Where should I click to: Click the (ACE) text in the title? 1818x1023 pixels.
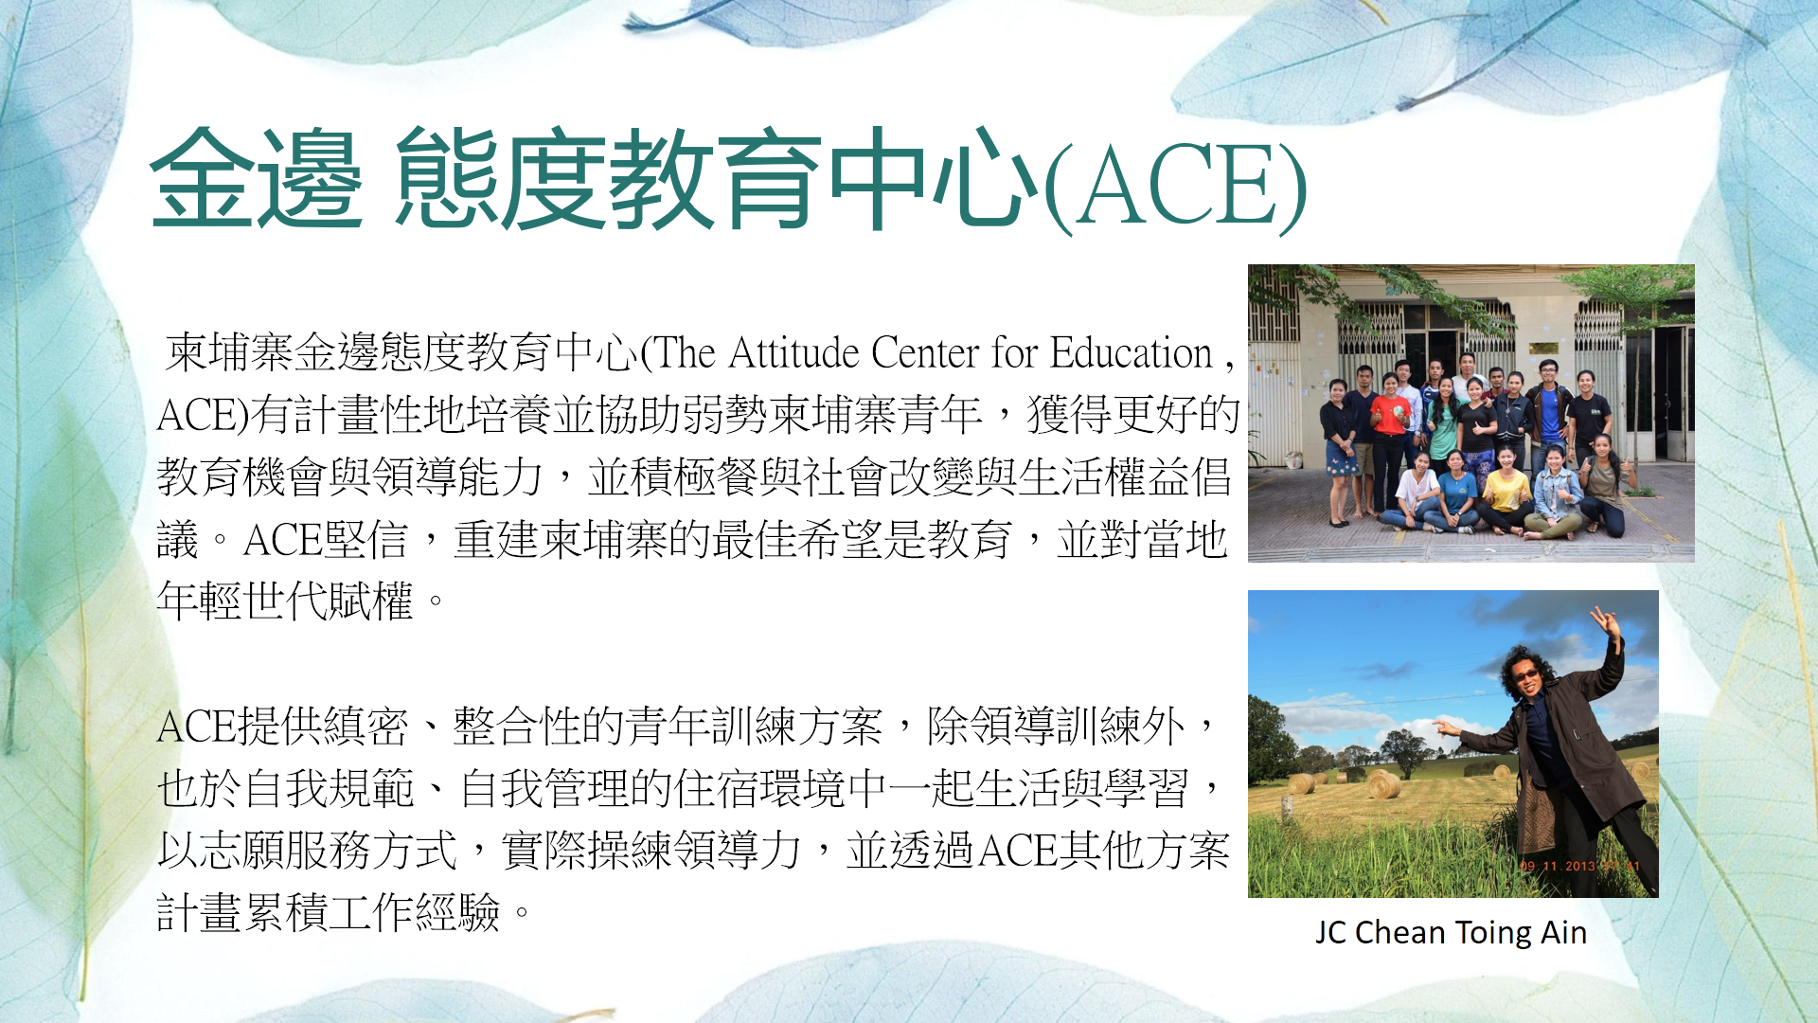pos(1175,186)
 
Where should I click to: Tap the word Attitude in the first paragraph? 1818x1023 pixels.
pos(793,352)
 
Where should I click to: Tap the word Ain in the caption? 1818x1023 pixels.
pos(1564,933)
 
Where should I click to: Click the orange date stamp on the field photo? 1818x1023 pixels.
pos(1579,866)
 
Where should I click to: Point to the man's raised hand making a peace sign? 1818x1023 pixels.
pos(1606,624)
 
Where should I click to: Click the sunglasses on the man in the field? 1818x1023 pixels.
pos(1526,674)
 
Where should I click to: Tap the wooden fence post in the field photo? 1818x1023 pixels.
pos(1287,808)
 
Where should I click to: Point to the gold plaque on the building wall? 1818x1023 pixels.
pos(1543,349)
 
